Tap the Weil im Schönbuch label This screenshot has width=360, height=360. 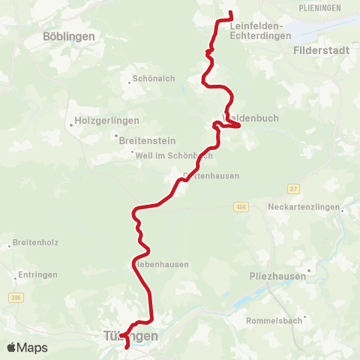(173, 155)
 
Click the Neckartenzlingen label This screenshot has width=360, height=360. (304, 206)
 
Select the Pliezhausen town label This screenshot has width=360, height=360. (278, 276)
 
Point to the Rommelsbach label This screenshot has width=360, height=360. (274, 321)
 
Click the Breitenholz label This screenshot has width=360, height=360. (35, 243)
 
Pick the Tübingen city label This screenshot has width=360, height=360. (131, 336)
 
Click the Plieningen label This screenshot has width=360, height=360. (319, 7)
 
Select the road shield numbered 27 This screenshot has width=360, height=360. (292, 189)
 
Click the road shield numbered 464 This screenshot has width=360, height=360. (240, 207)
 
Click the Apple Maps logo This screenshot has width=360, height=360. (26, 347)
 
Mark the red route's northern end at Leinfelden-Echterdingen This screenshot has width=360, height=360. (230, 13)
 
